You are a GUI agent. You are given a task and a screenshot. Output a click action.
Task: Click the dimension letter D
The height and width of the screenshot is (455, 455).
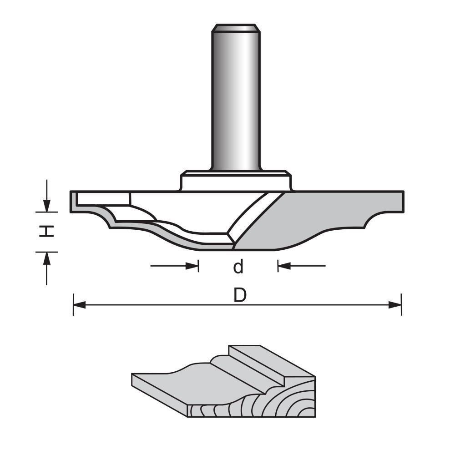pyautogui.click(x=240, y=296)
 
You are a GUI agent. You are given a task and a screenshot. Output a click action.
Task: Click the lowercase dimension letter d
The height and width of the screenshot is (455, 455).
pyautogui.click(x=238, y=267)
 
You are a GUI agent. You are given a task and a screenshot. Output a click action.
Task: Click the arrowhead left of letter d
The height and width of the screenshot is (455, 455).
pyautogui.click(x=193, y=266)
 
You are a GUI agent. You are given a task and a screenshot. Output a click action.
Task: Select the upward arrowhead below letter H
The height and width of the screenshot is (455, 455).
pyautogui.click(x=46, y=257)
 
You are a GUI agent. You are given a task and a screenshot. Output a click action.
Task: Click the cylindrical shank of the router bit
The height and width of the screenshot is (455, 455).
pyautogui.click(x=235, y=100)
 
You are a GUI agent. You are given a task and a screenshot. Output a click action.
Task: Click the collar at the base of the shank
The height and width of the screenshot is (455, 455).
pyautogui.click(x=235, y=181)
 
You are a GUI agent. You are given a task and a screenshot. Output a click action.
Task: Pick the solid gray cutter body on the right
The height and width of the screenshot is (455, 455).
pyautogui.click(x=318, y=218)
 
